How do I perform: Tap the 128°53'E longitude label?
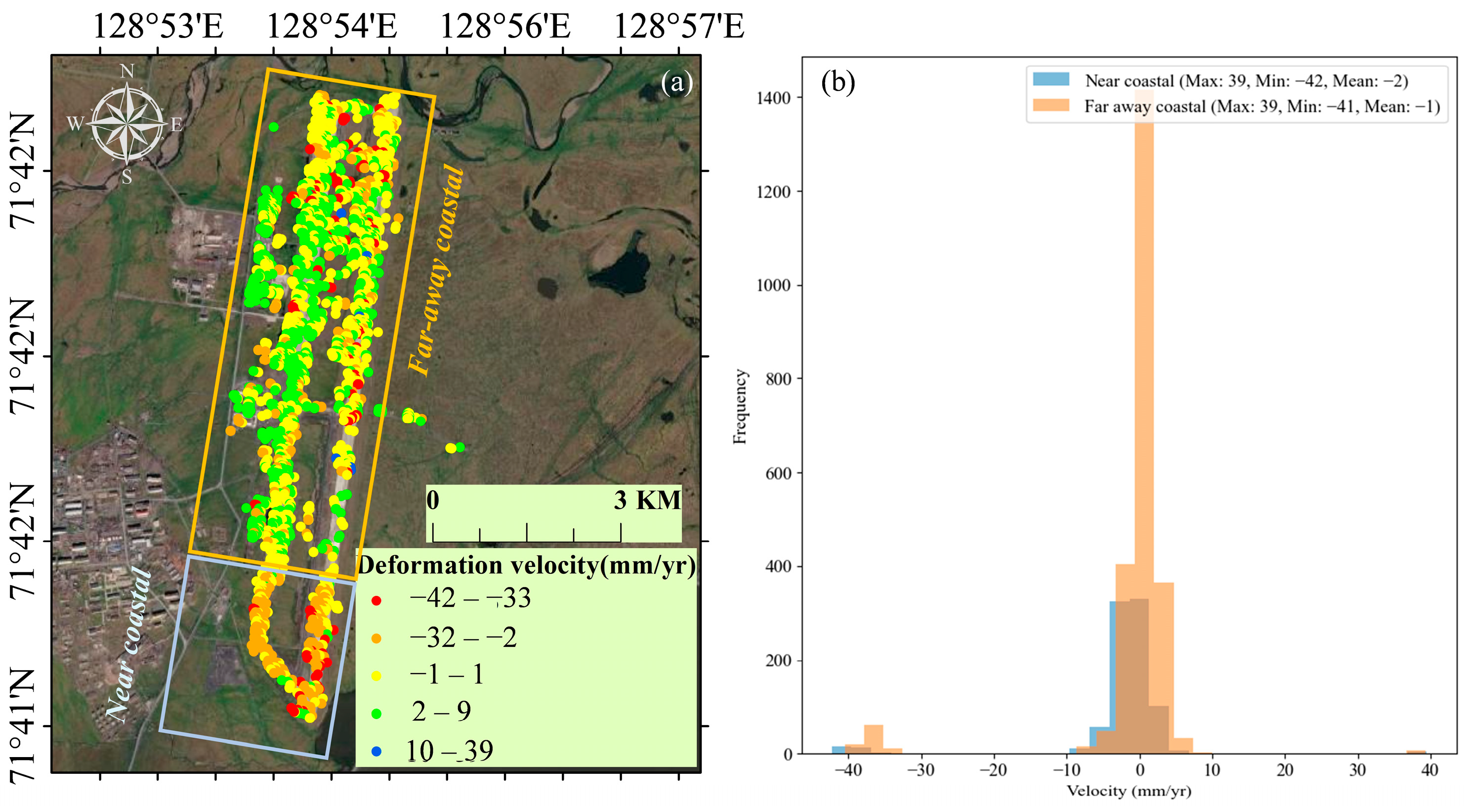[158, 26]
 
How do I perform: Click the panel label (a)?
[676, 83]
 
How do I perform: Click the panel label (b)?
[838, 83]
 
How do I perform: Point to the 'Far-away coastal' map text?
[436, 271]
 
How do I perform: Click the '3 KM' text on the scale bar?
[647, 501]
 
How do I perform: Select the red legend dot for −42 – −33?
[376, 601]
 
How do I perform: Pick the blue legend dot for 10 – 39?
[376, 752]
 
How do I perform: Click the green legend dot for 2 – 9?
[376, 714]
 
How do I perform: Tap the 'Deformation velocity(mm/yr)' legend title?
[527, 565]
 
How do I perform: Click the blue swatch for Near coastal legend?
[1051, 79]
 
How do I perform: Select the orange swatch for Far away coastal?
[1051, 105]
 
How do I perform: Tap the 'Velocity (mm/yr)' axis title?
[1129, 791]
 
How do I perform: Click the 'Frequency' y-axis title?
[740, 406]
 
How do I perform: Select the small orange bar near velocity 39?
[1416, 752]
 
